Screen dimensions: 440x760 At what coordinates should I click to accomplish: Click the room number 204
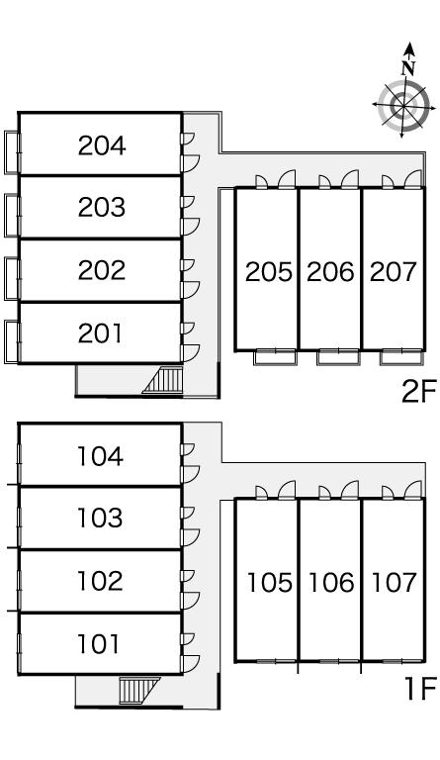pyautogui.click(x=102, y=145)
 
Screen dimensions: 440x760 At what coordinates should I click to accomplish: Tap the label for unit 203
pyautogui.click(x=102, y=207)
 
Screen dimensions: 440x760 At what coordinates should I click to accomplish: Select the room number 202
pyautogui.click(x=102, y=270)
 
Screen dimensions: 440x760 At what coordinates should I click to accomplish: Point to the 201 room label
pyautogui.click(x=100, y=332)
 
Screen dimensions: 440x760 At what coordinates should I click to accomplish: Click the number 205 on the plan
pyautogui.click(x=269, y=272)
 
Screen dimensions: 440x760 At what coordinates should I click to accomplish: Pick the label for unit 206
pyautogui.click(x=330, y=272)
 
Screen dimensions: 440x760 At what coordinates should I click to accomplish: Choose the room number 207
pyautogui.click(x=394, y=272)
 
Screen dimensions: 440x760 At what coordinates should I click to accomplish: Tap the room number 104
pyautogui.click(x=100, y=456)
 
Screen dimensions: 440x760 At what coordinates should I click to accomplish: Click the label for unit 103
pyautogui.click(x=100, y=519)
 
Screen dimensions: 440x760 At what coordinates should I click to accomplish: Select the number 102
pyautogui.click(x=100, y=581)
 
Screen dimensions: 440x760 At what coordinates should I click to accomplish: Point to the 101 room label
pyautogui.click(x=98, y=644)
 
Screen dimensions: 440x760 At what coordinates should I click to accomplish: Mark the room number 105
pyautogui.click(x=270, y=583)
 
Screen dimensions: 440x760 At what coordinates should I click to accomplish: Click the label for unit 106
pyautogui.click(x=331, y=583)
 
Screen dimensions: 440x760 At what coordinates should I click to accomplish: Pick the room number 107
pyautogui.click(x=394, y=583)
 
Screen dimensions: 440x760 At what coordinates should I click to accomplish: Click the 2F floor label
pyautogui.click(x=419, y=392)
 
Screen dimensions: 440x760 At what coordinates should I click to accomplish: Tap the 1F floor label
pyautogui.click(x=420, y=689)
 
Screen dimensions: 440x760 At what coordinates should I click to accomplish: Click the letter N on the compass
pyautogui.click(x=408, y=68)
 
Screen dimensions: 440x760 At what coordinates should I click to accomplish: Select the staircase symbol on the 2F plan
pyautogui.click(x=163, y=380)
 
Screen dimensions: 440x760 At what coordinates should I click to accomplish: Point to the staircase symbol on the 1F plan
pyautogui.click(x=138, y=690)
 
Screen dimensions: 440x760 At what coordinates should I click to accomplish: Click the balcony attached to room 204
pyautogui.click(x=12, y=152)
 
